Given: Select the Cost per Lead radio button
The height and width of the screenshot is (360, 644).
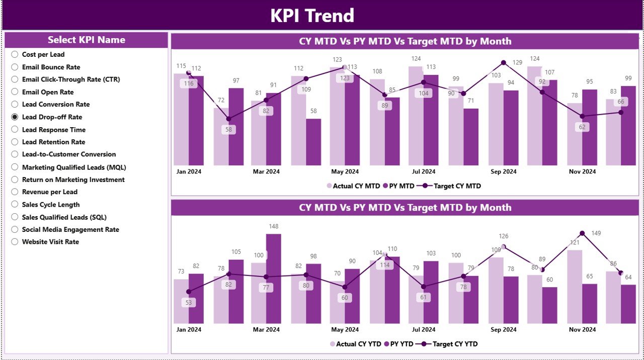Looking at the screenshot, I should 15,54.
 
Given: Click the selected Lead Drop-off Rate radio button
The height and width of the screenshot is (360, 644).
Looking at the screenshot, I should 15,117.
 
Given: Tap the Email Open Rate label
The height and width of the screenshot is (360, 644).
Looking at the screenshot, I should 47,92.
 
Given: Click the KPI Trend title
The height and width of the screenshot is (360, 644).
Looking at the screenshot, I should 312,16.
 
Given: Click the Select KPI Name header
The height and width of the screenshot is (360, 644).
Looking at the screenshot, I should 86,40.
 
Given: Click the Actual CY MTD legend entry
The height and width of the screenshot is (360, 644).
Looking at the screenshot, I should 353,186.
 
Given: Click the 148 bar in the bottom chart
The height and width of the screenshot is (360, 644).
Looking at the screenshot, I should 273,278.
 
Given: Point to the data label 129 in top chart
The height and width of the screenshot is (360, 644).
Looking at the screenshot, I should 517,62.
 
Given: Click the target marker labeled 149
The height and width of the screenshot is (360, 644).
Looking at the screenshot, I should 582,233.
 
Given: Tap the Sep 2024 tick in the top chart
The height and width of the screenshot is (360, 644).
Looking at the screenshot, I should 503,171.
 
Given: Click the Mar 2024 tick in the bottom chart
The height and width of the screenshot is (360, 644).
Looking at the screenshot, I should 266,330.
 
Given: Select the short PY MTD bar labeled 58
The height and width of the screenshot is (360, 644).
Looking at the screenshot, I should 313,142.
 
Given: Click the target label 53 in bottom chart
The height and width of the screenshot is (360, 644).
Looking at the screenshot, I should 189,303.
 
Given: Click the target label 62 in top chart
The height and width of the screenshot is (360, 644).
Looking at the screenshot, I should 582,127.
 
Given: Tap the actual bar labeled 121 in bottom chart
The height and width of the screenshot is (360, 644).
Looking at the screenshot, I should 575,287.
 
